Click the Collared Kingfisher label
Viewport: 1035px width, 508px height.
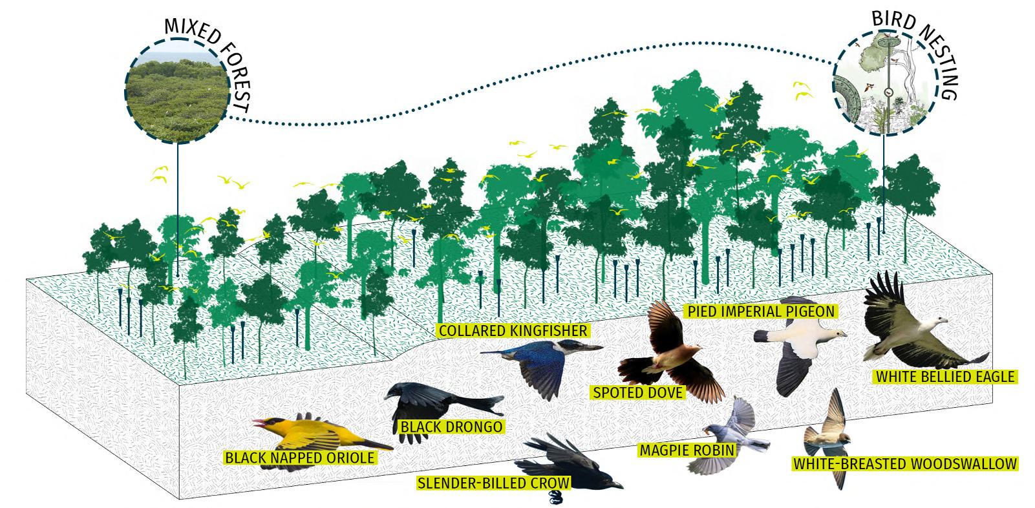[x=513, y=331]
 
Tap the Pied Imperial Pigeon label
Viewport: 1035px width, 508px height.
[x=760, y=312]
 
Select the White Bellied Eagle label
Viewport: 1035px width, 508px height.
[x=944, y=376]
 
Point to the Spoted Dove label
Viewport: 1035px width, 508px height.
[x=638, y=392]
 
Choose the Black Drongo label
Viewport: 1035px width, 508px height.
[x=451, y=427]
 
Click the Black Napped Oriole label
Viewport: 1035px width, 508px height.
[x=299, y=458]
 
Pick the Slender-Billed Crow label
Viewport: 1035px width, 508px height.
[x=494, y=482]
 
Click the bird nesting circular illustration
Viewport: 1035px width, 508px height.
[x=883, y=84]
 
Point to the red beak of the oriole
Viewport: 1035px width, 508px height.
[x=259, y=425]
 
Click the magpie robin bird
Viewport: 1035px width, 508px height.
[x=737, y=430]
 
